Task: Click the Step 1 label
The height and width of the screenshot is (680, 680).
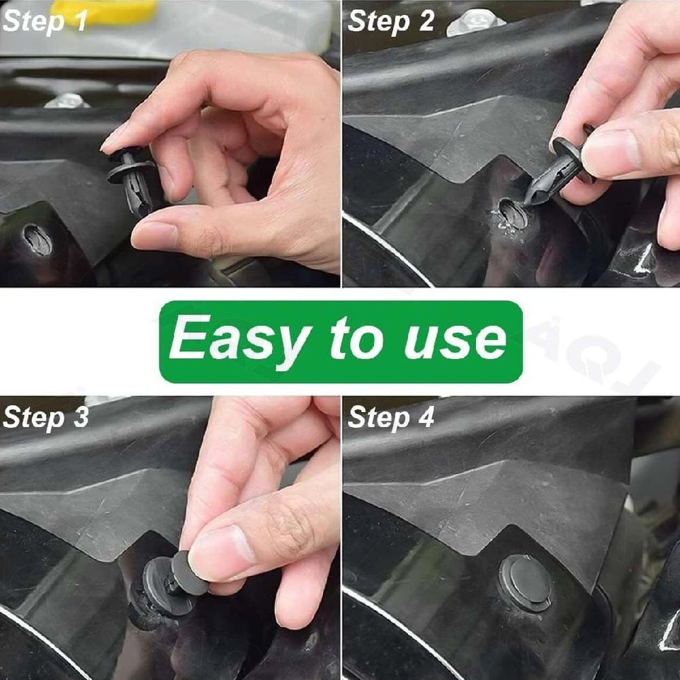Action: (45, 21)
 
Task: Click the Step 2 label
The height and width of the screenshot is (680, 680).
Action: (391, 21)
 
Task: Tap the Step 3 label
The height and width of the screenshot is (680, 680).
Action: (46, 417)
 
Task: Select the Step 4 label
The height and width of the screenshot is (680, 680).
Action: (391, 417)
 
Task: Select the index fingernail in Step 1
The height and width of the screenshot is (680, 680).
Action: (116, 138)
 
